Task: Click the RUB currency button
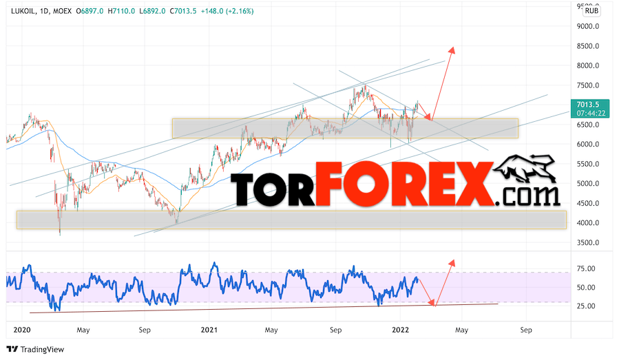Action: point(591,10)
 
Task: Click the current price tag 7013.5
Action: point(591,105)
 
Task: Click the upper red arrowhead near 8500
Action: point(452,50)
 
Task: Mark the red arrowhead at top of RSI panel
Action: point(452,262)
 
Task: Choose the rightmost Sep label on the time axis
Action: point(526,330)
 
